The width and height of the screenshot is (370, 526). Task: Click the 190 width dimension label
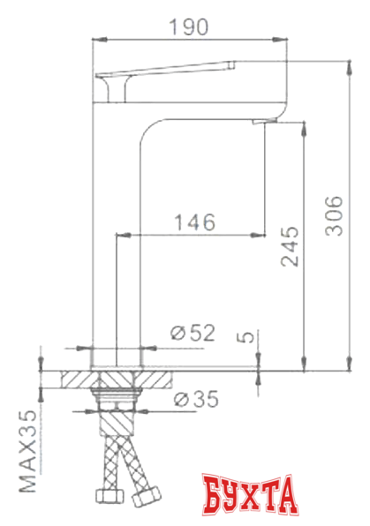click(191, 26)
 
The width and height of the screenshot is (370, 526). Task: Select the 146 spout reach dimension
click(193, 223)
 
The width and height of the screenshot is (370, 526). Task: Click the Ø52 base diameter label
click(193, 333)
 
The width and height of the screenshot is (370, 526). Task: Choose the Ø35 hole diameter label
click(195, 399)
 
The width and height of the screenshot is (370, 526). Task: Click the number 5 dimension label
click(247, 338)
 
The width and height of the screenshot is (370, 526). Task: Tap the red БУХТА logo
click(250, 496)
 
